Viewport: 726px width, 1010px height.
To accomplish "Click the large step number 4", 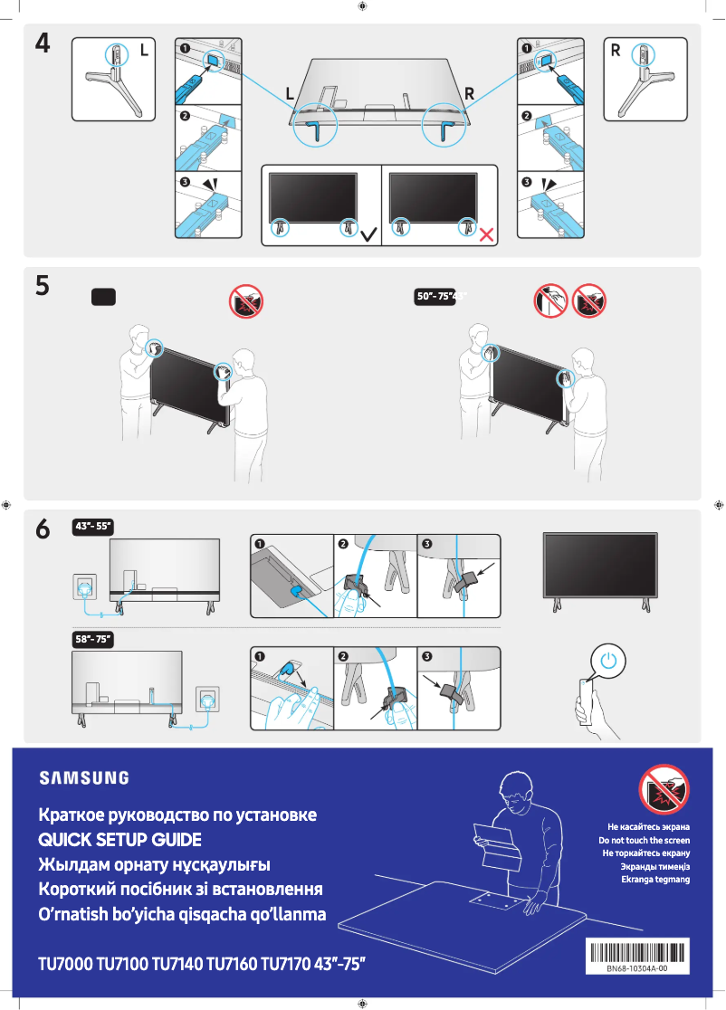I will (43, 44).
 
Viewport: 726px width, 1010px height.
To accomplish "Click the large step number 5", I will (43, 286).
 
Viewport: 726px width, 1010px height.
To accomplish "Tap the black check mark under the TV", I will (369, 234).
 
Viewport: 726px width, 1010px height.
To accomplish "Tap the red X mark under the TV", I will (486, 234).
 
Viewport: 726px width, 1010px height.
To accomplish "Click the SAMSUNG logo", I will (83, 777).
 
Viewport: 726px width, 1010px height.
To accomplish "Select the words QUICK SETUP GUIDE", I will (119, 839).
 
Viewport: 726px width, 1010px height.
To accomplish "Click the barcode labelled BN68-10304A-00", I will (636, 952).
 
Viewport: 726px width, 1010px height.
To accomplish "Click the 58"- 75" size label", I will (91, 639).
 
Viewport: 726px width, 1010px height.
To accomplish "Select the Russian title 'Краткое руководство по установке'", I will (177, 815).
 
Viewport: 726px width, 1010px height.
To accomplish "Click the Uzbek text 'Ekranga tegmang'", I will (654, 878).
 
